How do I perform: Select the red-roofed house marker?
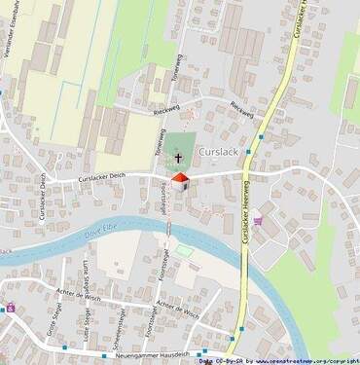click(179, 178)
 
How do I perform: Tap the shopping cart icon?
click(258, 221)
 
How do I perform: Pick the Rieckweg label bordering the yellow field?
click(141, 109)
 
